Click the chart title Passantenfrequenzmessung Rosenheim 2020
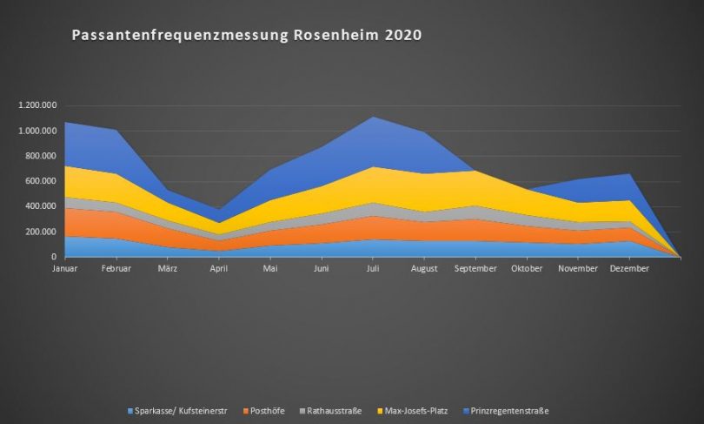(246, 36)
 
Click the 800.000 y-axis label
(41, 156)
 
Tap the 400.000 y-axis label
(41, 206)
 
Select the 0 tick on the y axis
(55, 257)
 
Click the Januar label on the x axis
(65, 269)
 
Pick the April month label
(219, 269)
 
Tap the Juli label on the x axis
(373, 269)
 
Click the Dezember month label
(629, 269)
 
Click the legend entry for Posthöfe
(269, 410)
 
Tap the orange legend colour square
(246, 410)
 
